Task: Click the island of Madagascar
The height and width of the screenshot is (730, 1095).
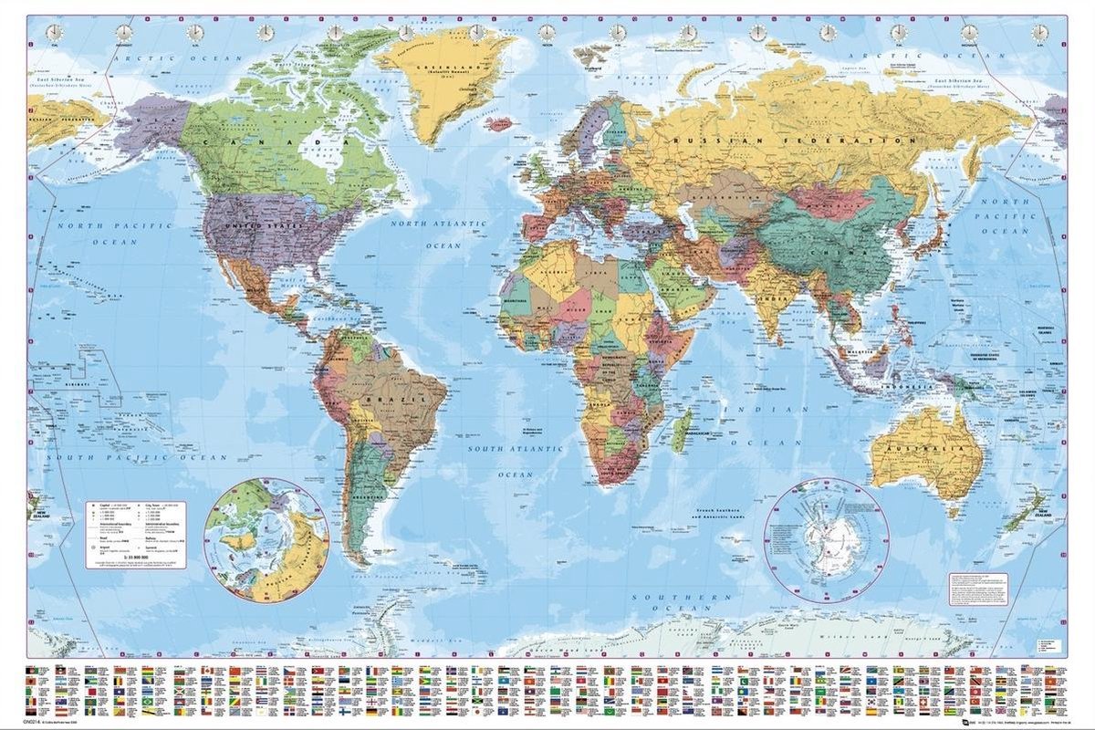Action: [682, 432]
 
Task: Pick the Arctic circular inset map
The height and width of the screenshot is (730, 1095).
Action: [266, 541]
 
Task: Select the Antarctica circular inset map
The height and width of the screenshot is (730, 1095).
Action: [827, 541]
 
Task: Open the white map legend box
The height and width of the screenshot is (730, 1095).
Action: [141, 535]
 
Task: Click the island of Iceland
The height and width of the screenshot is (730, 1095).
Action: [499, 121]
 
